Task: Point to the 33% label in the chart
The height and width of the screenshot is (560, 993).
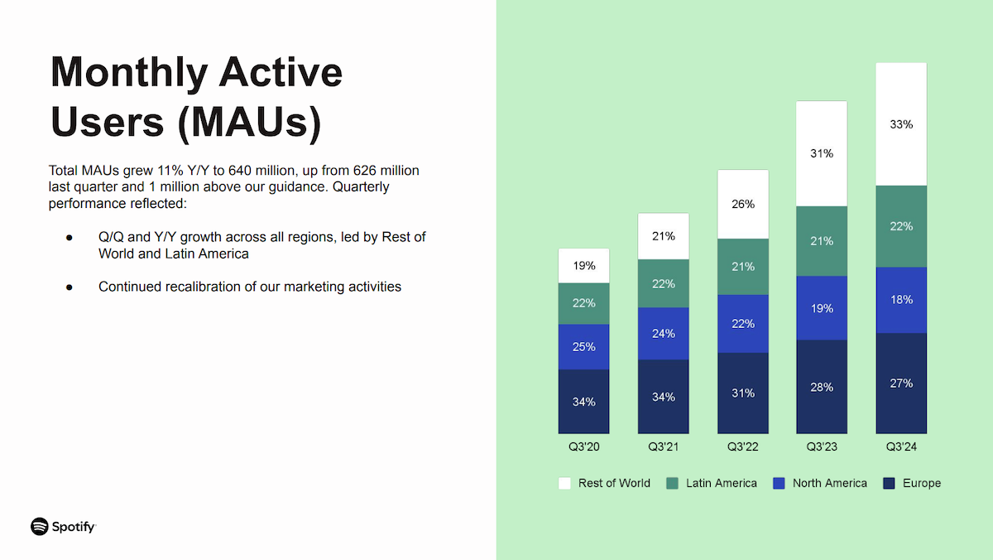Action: click(x=901, y=124)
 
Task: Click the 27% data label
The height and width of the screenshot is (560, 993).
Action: click(x=901, y=384)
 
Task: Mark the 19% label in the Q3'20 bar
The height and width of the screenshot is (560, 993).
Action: click(x=583, y=266)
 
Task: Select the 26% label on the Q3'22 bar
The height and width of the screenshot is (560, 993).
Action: click(x=742, y=204)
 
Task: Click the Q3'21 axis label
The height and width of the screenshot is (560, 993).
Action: click(x=663, y=447)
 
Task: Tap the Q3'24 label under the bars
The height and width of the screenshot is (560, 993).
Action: click(x=901, y=447)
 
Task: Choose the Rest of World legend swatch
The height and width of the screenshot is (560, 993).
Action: click(x=565, y=483)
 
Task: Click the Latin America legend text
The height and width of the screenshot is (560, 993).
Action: click(x=721, y=483)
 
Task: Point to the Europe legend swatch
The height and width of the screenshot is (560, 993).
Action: click(x=890, y=483)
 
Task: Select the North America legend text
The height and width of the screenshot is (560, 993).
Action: click(x=829, y=483)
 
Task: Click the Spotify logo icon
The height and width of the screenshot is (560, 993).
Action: click(x=40, y=526)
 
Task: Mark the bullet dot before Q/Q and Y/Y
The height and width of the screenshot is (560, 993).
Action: click(x=70, y=238)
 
